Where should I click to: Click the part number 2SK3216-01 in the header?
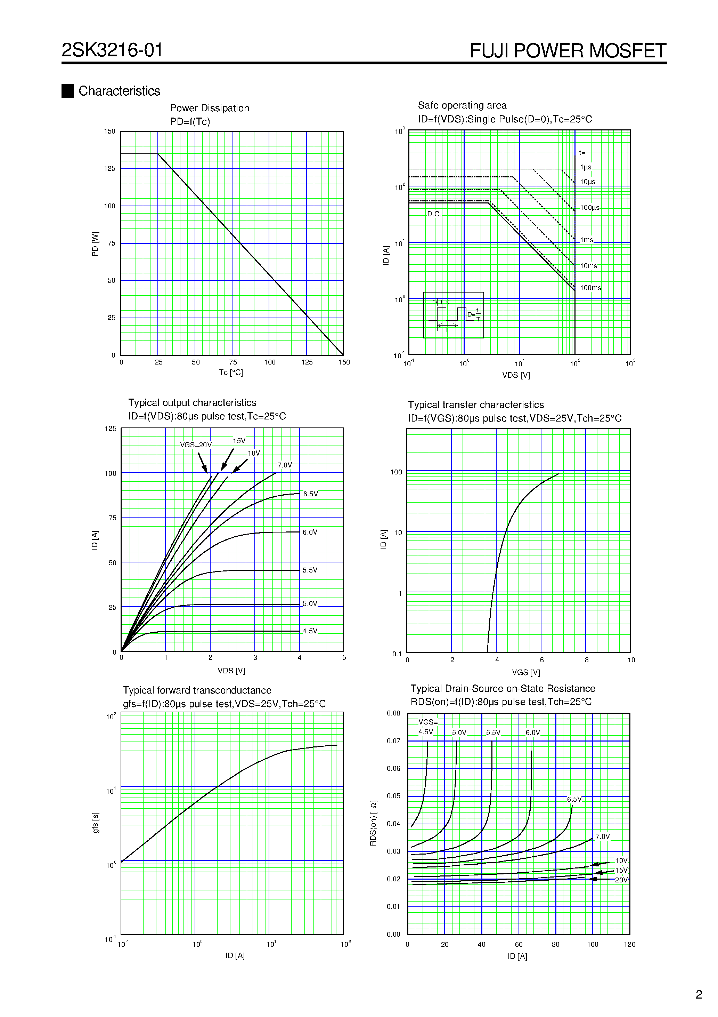click(112, 50)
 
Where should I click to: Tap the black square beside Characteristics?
click(67, 91)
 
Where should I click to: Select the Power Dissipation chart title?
click(209, 108)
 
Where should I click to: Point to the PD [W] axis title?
click(95, 243)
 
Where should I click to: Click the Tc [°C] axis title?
click(231, 372)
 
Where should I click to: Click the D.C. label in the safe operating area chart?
click(434, 214)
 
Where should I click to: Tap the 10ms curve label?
click(588, 266)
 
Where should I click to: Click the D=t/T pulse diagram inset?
click(453, 315)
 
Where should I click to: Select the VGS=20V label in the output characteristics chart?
click(196, 445)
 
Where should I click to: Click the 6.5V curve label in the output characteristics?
click(310, 494)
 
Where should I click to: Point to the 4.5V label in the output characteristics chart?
click(310, 631)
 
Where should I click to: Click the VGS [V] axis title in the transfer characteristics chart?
click(526, 672)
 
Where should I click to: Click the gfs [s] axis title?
click(96, 823)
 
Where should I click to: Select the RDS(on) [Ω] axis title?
click(373, 823)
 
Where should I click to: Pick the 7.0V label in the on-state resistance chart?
click(603, 836)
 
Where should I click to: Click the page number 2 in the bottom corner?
click(699, 994)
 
